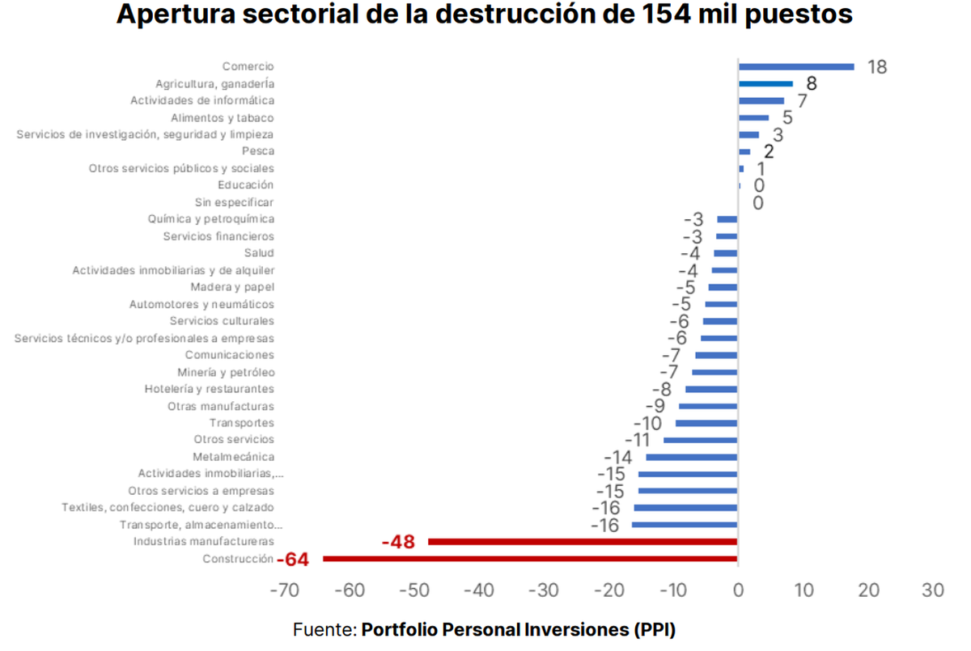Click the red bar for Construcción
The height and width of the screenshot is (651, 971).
coord(530,558)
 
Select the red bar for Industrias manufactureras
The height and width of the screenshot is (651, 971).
coord(583,541)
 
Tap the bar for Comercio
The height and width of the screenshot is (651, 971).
coord(796,66)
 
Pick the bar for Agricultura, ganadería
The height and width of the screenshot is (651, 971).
coord(765,83)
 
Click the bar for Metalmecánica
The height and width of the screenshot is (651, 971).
coord(692,457)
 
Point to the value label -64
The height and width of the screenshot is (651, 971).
coord(293,559)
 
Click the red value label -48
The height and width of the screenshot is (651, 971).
coord(398,542)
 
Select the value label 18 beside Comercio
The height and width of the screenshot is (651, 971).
coord(877,67)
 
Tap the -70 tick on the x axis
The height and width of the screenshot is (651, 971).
coord(284,591)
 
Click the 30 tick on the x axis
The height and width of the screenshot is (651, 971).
coord(933,591)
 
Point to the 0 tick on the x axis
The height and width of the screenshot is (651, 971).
coord(738,591)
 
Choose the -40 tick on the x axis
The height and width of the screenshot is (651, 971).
coord(479,591)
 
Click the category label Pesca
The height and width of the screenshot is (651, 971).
coord(258,151)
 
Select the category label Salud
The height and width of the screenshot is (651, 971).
coord(260,253)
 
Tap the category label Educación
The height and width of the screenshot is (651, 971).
coord(246,185)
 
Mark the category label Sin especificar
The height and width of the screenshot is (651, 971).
coord(235,202)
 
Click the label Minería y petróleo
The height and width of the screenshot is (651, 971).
coord(226,372)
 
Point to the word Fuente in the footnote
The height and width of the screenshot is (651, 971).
coord(323,629)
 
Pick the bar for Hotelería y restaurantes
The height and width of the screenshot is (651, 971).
coord(711,389)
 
